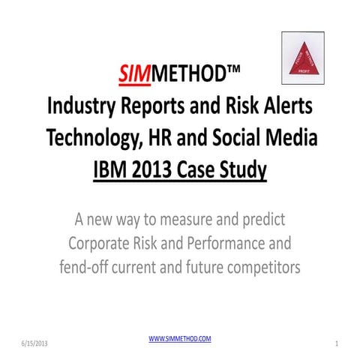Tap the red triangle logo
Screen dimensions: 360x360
click(x=301, y=58)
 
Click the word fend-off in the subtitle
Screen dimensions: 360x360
click(x=88, y=267)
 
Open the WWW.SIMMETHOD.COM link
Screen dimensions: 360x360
click(x=180, y=339)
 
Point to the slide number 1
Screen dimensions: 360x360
click(x=338, y=343)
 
